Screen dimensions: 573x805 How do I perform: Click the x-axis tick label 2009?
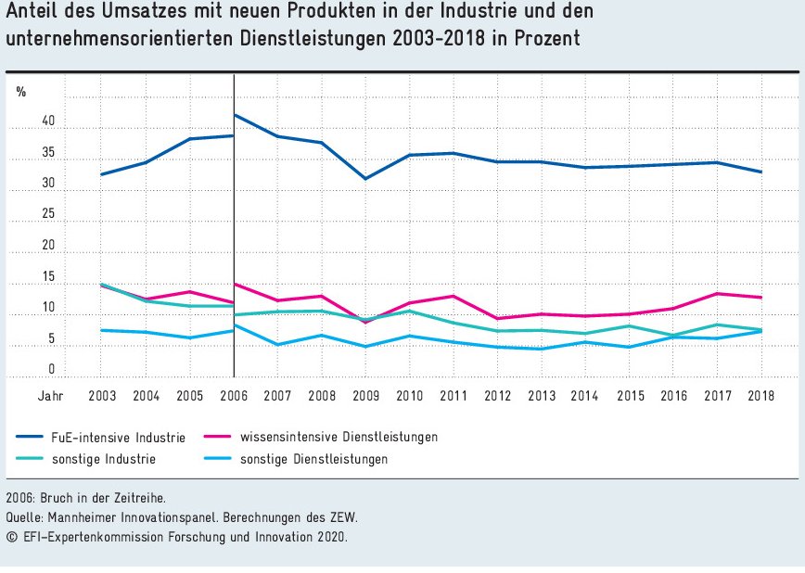tap(365, 396)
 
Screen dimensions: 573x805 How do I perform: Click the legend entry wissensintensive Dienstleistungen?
tap(339, 437)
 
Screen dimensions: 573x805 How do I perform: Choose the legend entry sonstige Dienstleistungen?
tap(313, 459)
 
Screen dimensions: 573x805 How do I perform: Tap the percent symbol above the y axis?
tap(21, 92)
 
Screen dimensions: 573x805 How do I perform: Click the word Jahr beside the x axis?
tap(51, 396)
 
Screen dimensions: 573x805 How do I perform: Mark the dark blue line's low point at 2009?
tap(365, 178)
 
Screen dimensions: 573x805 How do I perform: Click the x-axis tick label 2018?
tap(761, 396)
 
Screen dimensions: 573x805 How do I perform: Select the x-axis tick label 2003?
tap(102, 396)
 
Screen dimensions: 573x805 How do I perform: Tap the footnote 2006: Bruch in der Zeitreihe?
tap(85, 498)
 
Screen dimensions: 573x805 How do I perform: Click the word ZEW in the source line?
tap(344, 516)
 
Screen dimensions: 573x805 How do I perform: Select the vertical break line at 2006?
tap(234, 232)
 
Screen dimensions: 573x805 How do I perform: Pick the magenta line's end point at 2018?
tap(761, 298)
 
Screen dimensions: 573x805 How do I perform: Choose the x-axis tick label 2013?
tap(542, 396)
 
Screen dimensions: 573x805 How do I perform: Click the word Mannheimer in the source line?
tap(87, 516)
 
